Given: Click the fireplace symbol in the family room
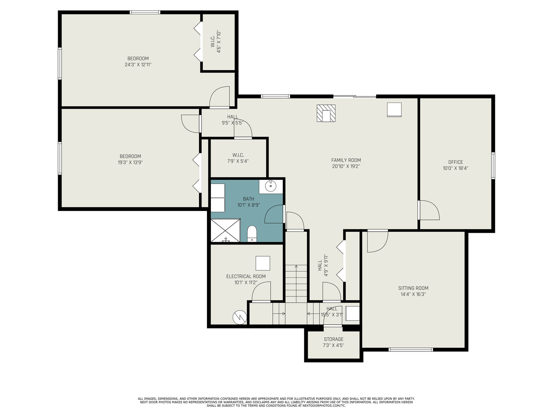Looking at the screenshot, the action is pyautogui.click(x=326, y=113).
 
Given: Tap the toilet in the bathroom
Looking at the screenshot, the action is pyautogui.click(x=251, y=233).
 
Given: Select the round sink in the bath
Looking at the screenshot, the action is pyautogui.click(x=271, y=186).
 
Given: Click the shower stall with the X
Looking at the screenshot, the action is pyautogui.click(x=225, y=231).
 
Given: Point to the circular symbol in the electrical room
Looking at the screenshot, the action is pyautogui.click(x=240, y=317).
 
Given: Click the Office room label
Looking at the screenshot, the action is pyautogui.click(x=455, y=162).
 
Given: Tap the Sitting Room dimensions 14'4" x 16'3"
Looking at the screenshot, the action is pyautogui.click(x=413, y=294).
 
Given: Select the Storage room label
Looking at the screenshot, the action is pyautogui.click(x=334, y=339).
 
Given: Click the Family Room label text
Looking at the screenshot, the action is pyautogui.click(x=346, y=160).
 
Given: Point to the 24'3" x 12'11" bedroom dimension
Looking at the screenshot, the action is pyautogui.click(x=138, y=65).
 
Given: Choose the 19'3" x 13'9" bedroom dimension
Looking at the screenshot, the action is pyautogui.click(x=130, y=162).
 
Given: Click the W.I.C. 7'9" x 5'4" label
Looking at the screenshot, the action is pyautogui.click(x=238, y=158).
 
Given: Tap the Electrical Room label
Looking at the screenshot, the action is pyautogui.click(x=246, y=276).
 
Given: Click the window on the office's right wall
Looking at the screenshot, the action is pyautogui.click(x=493, y=166).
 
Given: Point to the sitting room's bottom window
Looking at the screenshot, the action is pyautogui.click(x=411, y=350).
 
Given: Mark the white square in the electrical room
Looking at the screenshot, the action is pyautogui.click(x=263, y=263).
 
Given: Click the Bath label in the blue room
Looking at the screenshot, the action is pyautogui.click(x=249, y=199).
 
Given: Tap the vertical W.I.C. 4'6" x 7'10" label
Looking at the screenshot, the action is pyautogui.click(x=216, y=41).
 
